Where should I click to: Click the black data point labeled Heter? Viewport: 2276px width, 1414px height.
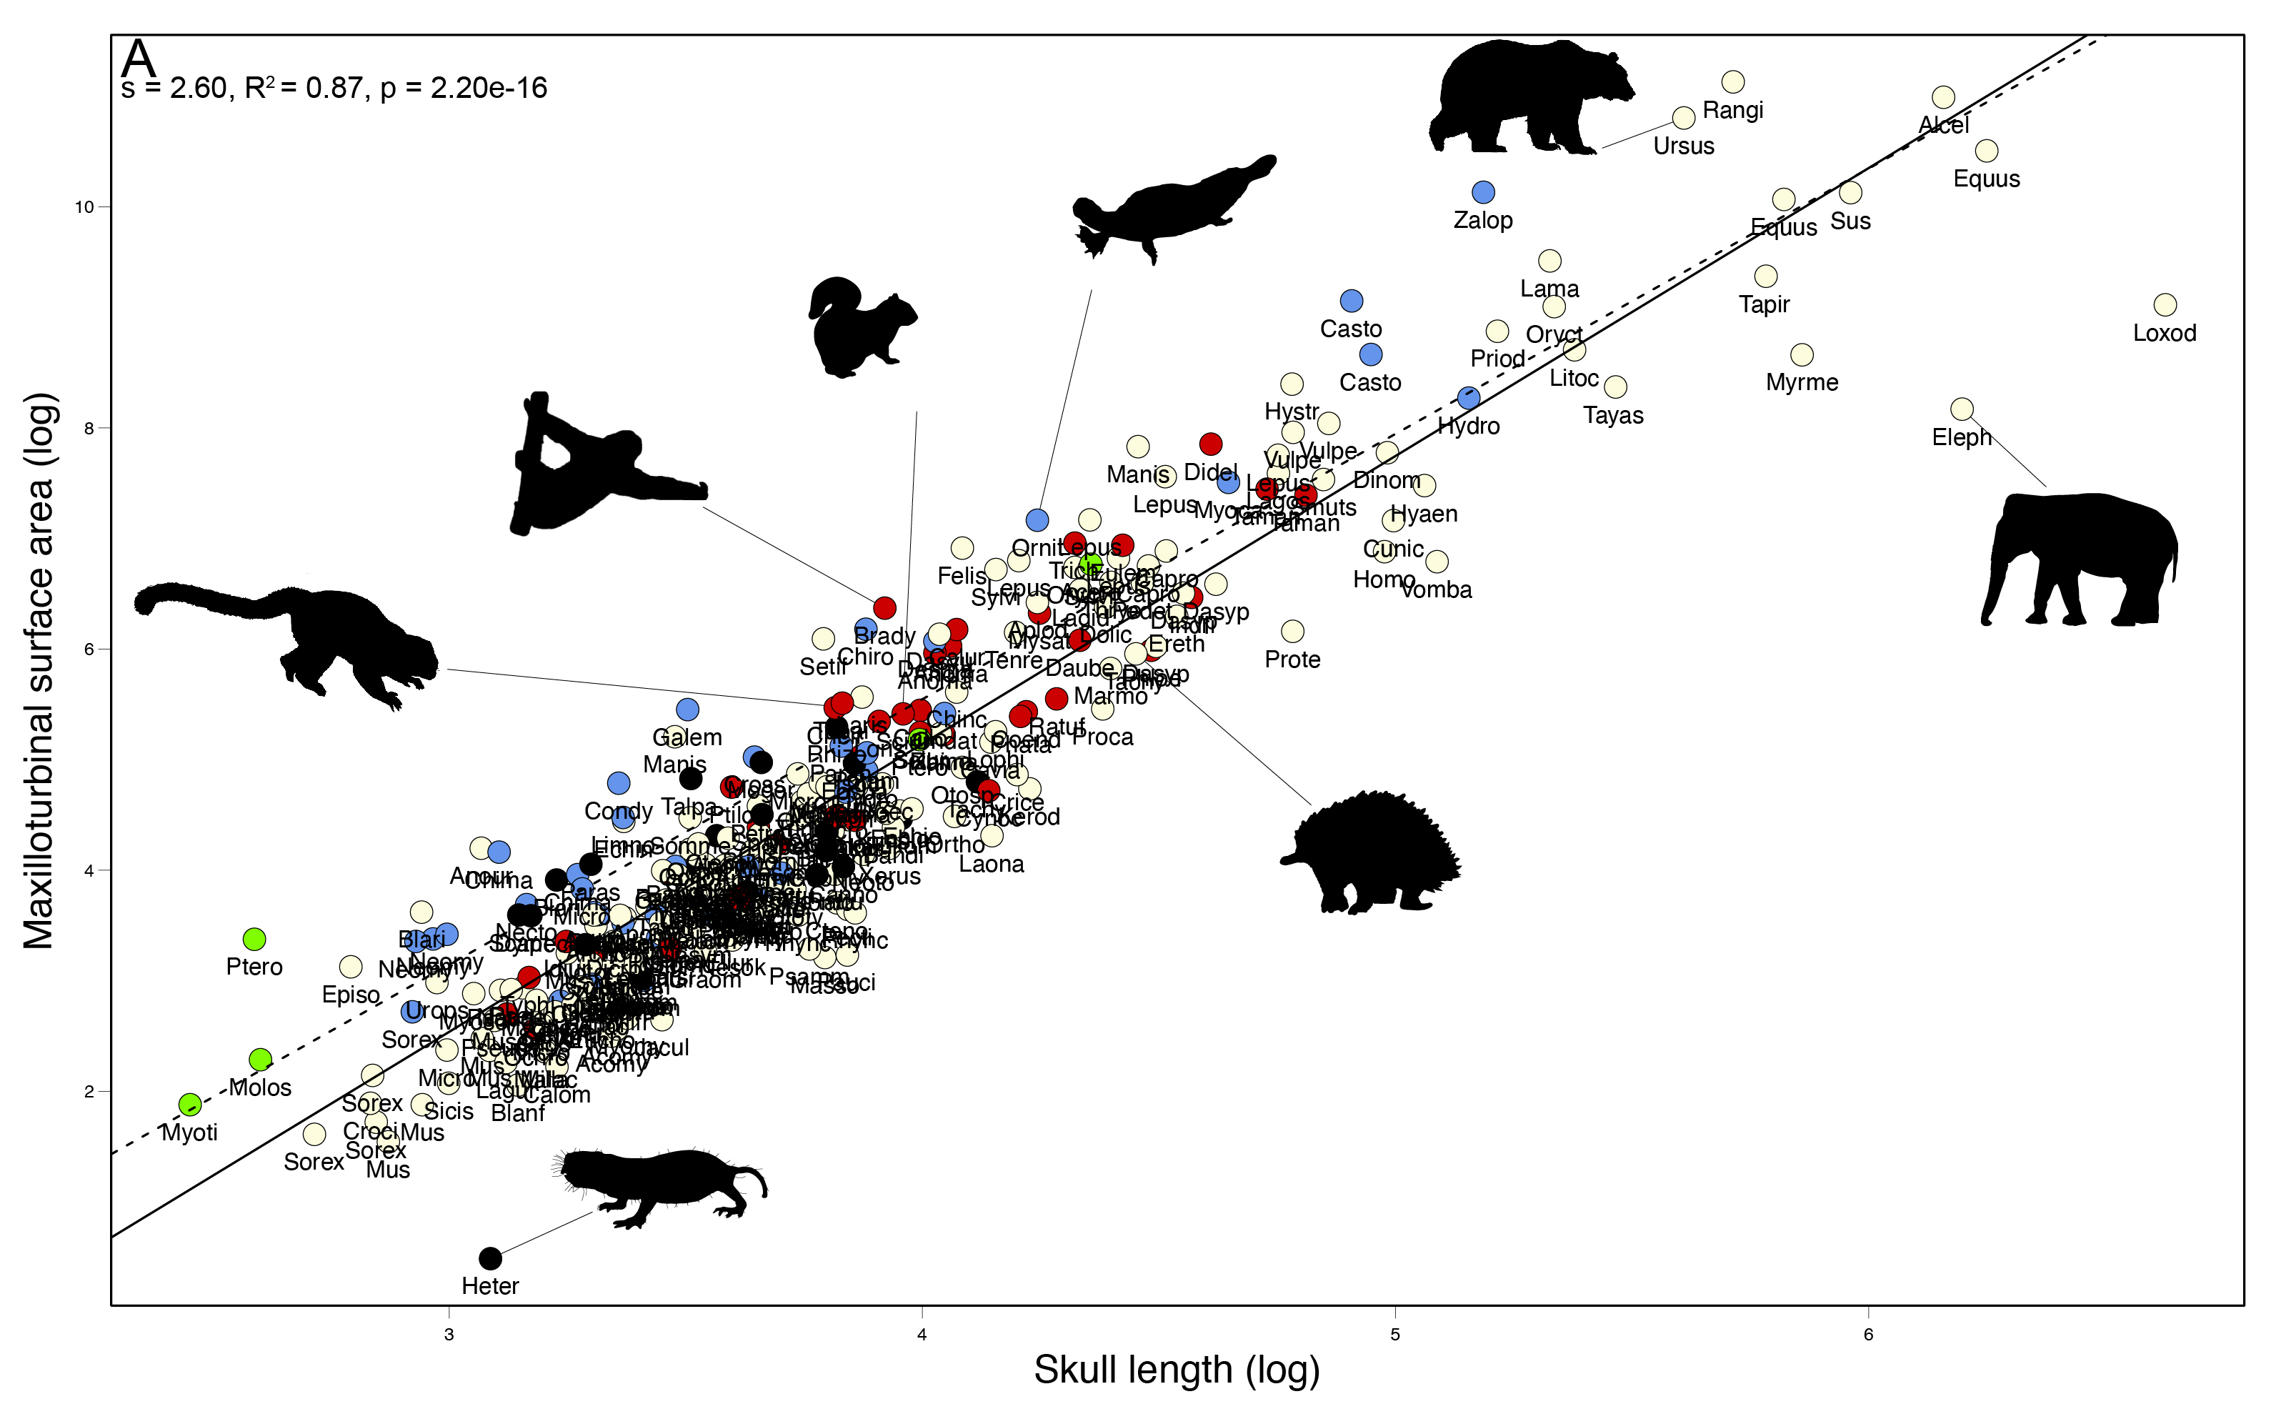click(490, 1258)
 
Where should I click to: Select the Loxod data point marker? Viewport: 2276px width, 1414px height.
click(2165, 305)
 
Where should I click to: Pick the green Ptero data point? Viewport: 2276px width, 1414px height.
click(254, 939)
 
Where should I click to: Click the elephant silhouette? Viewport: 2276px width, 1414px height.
click(2080, 561)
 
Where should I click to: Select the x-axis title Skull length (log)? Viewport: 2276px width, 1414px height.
click(1177, 1370)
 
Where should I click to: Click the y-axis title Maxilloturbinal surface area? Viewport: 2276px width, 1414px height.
click(39, 670)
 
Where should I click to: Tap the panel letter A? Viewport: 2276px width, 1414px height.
click(139, 58)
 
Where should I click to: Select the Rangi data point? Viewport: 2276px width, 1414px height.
click(1732, 82)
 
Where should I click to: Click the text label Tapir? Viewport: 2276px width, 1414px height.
click(1764, 304)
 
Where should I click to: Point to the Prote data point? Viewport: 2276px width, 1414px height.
click(1292, 631)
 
